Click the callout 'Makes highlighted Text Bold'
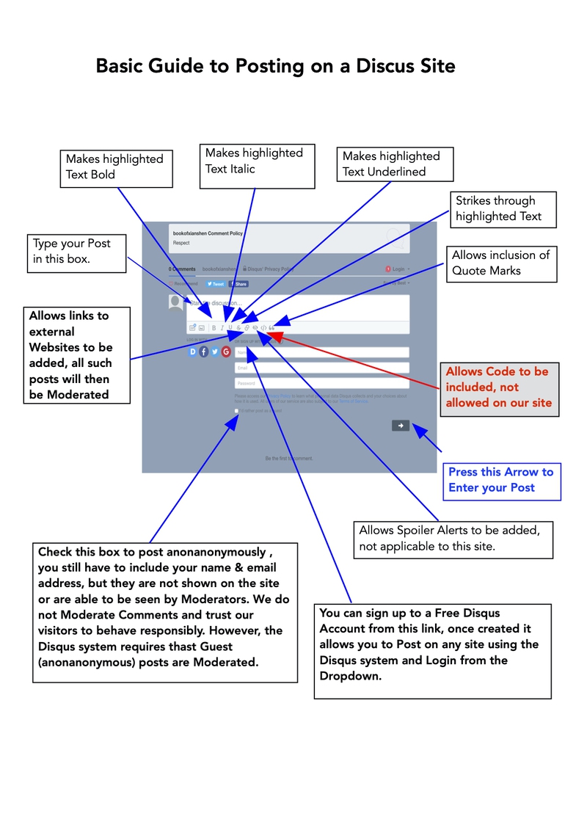click(x=116, y=167)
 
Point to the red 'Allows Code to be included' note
click(x=498, y=387)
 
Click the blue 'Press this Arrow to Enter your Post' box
click(x=502, y=480)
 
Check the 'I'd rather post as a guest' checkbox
click(x=237, y=411)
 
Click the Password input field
click(x=321, y=383)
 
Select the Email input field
click(x=321, y=368)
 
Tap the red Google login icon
click(x=226, y=352)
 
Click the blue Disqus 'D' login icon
click(x=194, y=352)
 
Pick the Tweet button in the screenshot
click(x=215, y=284)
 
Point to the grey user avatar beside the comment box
click(x=176, y=302)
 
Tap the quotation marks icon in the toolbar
click(x=271, y=327)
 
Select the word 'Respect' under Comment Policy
click(x=181, y=242)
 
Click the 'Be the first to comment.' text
click(x=289, y=459)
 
